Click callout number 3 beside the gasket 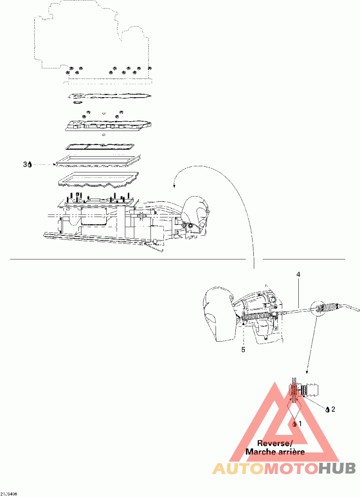tap(25, 165)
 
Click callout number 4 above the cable tap(298, 274)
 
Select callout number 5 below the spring tap(243, 349)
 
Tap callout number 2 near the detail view tap(333, 409)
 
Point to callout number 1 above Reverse tap(300, 424)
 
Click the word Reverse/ tap(274, 443)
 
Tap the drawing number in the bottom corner tap(9, 494)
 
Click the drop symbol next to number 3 tap(30, 165)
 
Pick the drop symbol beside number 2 tap(327, 409)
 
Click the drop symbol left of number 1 tap(295, 424)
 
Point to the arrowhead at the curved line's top tap(175, 185)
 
